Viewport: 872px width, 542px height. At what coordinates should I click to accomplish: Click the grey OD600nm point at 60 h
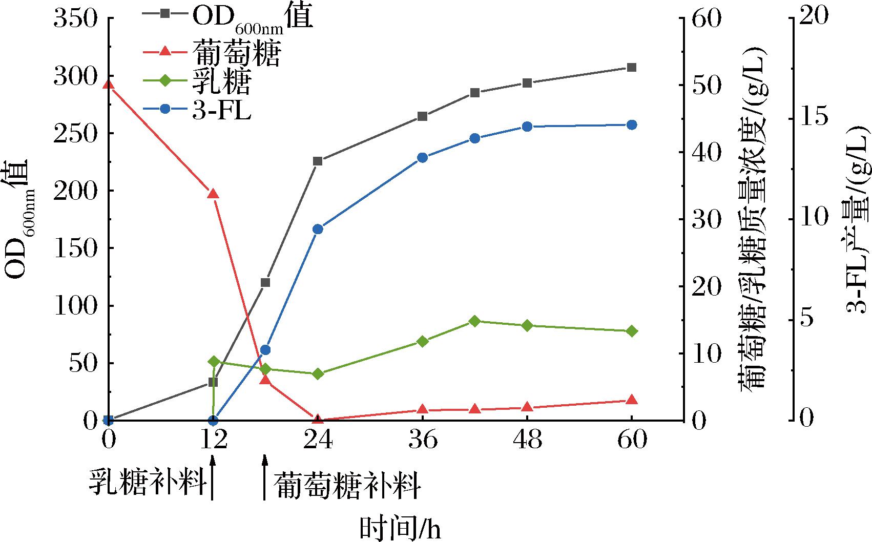(x=632, y=68)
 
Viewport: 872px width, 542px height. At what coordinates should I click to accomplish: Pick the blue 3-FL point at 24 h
(x=318, y=229)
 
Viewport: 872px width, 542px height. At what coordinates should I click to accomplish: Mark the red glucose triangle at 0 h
(x=108, y=85)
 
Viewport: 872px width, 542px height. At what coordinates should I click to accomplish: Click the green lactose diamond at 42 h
(x=474, y=321)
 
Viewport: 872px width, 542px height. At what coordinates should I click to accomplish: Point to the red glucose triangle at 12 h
(x=213, y=194)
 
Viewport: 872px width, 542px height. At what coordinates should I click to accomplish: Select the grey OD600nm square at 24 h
(x=318, y=161)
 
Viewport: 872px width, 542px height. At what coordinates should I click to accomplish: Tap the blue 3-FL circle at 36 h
(x=423, y=157)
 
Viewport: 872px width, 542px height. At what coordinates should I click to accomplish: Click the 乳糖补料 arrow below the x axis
(x=213, y=479)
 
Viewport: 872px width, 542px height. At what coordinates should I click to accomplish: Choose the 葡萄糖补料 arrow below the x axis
(x=265, y=479)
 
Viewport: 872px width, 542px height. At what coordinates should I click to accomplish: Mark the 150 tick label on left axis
(x=75, y=248)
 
